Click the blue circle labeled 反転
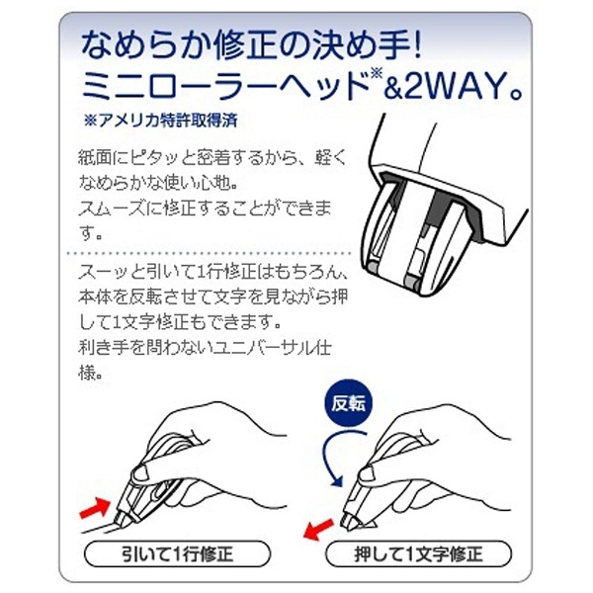coord(348,403)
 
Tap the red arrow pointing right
coord(95,508)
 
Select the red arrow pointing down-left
coord(318,530)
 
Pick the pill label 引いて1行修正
coord(177,554)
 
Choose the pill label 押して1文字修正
coord(418,554)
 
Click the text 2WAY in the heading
coord(455,87)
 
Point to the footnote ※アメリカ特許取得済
coord(160,121)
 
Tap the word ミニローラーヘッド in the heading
coord(223,87)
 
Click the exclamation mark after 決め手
coord(417,44)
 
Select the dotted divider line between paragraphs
coord(211,253)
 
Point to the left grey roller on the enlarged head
coord(373,268)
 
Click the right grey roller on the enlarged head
coord(410,282)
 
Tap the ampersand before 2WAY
coord(393,88)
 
